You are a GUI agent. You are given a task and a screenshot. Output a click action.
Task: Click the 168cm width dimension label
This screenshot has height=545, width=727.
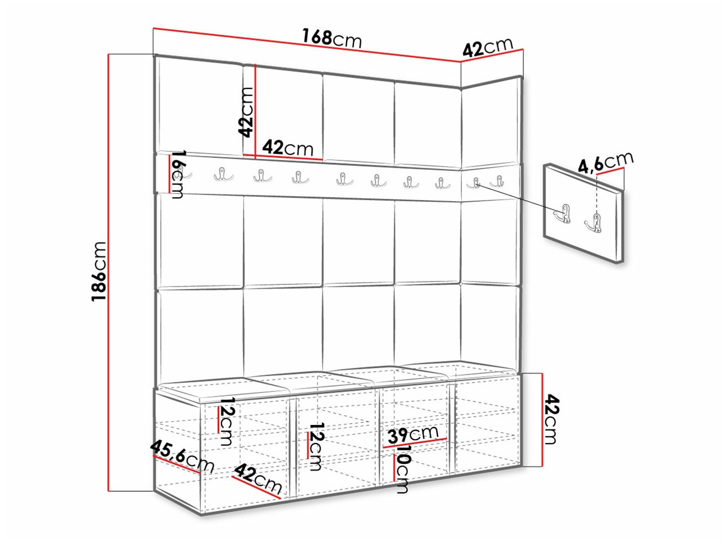(x=332, y=39)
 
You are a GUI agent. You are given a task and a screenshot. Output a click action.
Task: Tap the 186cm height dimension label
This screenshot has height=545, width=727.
(x=99, y=271)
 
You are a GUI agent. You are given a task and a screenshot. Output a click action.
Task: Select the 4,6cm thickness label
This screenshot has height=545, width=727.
(x=606, y=163)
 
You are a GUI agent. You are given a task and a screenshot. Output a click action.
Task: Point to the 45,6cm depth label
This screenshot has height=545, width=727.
(x=182, y=457)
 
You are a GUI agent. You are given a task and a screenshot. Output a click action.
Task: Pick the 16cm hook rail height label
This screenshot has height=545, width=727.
(x=178, y=174)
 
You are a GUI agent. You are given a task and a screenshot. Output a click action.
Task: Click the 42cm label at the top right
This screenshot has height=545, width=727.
(x=487, y=47)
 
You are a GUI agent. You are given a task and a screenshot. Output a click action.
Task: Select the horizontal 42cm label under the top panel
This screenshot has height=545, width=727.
(x=288, y=148)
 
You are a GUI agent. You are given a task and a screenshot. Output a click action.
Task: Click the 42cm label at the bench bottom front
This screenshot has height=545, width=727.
(x=259, y=479)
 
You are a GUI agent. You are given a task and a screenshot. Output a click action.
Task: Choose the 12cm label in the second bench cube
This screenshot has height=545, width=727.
(x=315, y=446)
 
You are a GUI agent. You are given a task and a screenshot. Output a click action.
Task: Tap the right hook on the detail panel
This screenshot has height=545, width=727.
(x=594, y=223)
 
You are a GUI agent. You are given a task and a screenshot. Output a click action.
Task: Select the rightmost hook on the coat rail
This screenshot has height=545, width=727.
(x=497, y=181)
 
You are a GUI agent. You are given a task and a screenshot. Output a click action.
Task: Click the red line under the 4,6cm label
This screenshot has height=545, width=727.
(x=610, y=171)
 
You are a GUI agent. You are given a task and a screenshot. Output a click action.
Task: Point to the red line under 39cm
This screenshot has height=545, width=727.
(x=415, y=443)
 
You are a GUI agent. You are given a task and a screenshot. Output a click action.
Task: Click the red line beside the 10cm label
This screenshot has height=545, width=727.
(x=394, y=467)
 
